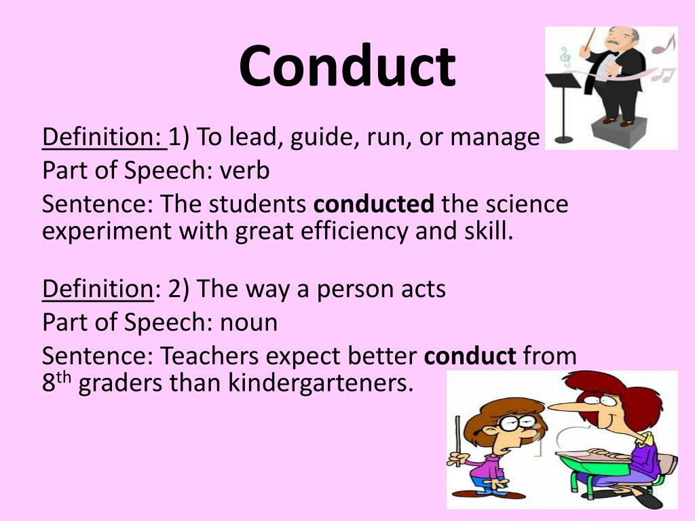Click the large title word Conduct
(347, 67)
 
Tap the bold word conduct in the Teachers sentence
(470, 355)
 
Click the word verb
(244, 170)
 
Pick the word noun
(248, 322)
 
